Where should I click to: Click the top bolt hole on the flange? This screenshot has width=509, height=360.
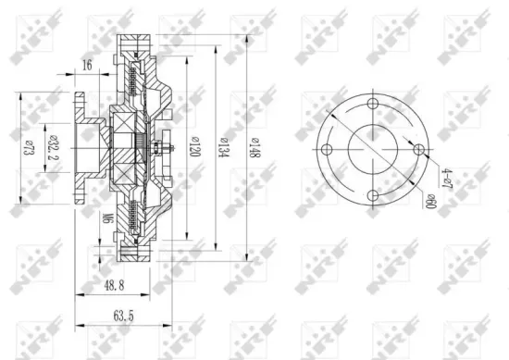[372, 104]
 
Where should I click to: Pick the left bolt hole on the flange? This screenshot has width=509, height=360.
[328, 148]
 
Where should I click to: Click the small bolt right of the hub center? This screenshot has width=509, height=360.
[165, 147]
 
